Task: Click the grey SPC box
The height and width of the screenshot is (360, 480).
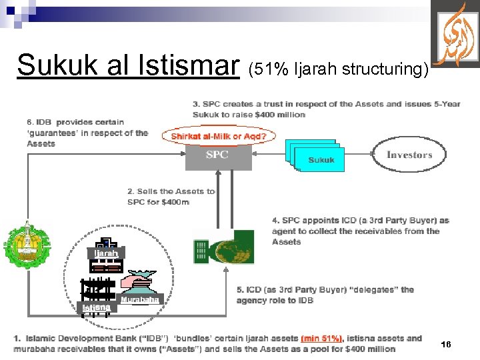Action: point(217,155)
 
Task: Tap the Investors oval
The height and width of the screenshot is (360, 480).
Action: point(409,155)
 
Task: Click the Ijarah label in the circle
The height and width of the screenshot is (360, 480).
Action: point(106,253)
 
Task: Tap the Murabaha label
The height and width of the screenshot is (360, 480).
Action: point(141,301)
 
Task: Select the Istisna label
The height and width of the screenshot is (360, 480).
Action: point(97,307)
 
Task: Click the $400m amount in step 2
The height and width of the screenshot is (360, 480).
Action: point(175,202)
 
